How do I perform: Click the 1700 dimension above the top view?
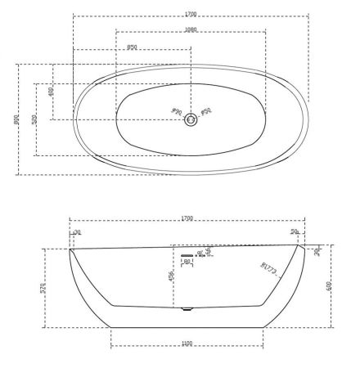(191, 14)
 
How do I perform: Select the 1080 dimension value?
(191, 30)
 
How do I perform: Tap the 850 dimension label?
(133, 47)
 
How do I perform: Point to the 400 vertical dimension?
(52, 92)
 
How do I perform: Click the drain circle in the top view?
(191, 119)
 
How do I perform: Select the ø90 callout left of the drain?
(175, 111)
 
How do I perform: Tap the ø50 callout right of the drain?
(206, 111)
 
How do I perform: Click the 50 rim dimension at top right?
(294, 233)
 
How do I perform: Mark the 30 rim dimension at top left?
(77, 233)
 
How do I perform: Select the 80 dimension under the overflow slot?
(187, 262)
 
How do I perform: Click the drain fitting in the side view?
(186, 309)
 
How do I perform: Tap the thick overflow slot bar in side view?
(187, 255)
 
